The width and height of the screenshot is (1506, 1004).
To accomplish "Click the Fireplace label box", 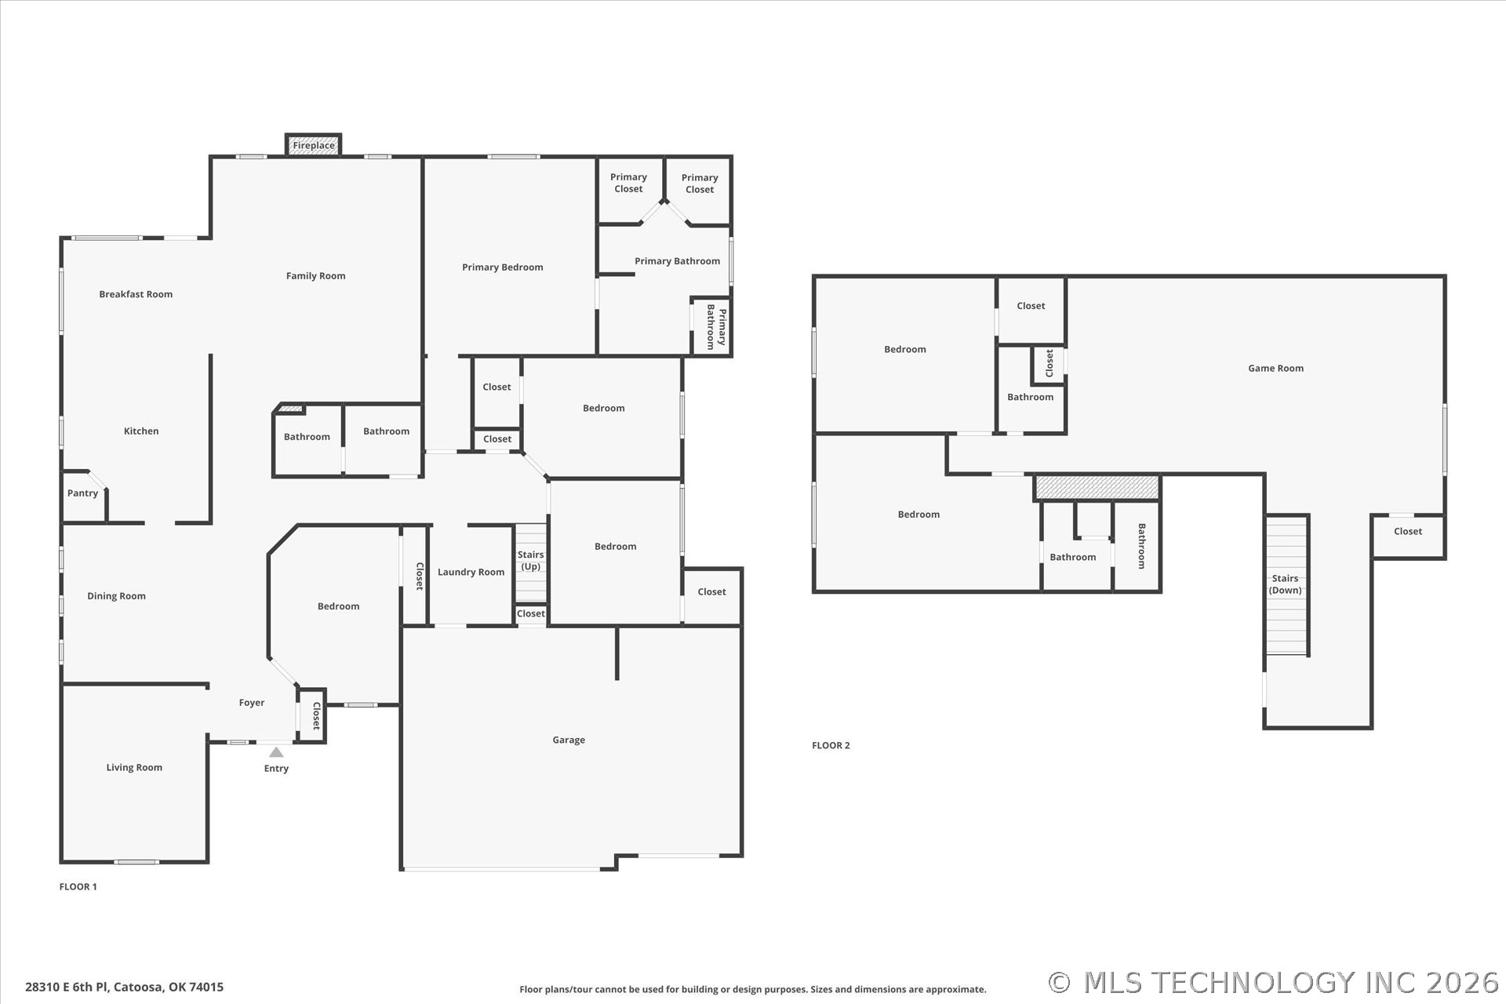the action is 313,145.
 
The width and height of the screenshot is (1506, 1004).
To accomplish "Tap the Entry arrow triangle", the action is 276,752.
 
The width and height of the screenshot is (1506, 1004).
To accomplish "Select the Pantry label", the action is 82,493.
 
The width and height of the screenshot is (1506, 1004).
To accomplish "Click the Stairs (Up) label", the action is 531,561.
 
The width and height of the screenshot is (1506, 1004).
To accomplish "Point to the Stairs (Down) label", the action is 1285,584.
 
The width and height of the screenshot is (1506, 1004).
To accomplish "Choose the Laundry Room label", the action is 471,573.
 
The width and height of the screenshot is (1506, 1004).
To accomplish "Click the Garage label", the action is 569,740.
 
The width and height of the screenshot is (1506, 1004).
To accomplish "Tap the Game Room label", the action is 1275,368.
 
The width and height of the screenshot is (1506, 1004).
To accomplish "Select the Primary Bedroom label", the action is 502,267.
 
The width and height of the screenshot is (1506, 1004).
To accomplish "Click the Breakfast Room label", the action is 136,294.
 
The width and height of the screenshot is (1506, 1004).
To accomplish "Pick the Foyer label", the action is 252,703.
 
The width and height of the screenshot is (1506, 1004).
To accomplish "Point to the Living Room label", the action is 134,767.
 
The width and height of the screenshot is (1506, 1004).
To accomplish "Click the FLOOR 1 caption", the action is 78,886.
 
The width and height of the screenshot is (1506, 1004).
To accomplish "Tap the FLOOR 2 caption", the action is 831,745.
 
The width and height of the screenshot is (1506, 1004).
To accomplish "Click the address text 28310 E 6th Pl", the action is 67,987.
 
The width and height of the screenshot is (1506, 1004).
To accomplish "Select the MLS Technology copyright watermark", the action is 1274,983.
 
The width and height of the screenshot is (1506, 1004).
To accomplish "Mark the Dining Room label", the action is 116,596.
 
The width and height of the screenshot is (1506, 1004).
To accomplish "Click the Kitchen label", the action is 141,431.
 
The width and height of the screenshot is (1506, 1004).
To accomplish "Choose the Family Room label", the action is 315,276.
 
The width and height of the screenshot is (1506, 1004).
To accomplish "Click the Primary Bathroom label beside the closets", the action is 677,261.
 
